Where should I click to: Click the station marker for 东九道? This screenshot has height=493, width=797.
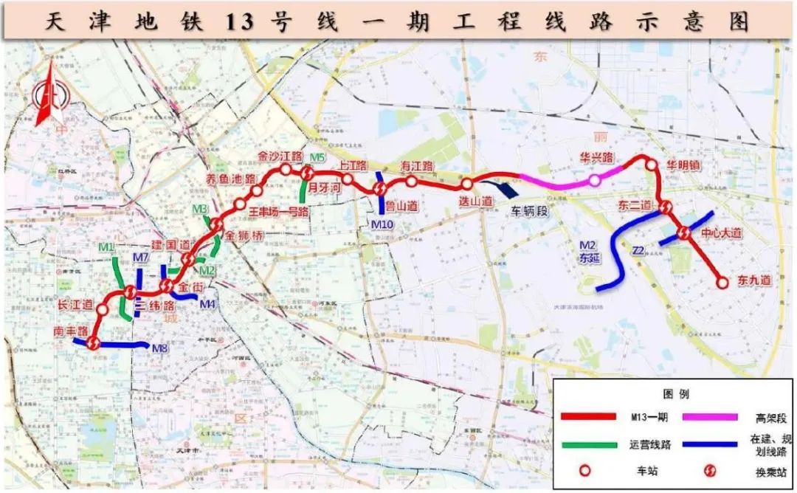click(723, 280)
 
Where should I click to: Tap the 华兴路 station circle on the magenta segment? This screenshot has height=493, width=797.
click(593, 180)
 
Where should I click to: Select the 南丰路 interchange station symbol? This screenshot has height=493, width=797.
click(93, 342)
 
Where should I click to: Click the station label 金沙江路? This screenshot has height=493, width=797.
click(280, 156)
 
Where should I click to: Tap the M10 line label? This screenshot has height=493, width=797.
click(382, 224)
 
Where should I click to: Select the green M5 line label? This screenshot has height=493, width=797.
click(317, 157)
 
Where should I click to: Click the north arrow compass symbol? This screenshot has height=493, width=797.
click(50, 94)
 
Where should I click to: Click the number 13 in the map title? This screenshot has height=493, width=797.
click(240, 22)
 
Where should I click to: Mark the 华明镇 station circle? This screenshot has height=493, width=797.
click(651, 165)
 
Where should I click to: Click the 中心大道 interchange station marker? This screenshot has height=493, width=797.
click(683, 233)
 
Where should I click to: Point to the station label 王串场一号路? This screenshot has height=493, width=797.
click(278, 212)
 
